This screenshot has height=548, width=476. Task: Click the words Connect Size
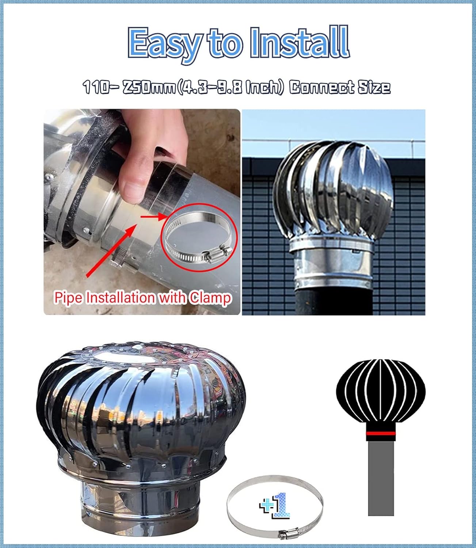pos(340,88)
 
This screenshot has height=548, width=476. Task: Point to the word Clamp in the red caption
pos(210,298)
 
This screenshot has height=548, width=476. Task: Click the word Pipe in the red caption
pos(68,298)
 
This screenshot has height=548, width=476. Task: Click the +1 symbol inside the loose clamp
pos(275,506)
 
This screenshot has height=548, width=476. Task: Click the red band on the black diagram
pos(381,434)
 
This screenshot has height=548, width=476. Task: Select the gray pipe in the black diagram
pos(381,479)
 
